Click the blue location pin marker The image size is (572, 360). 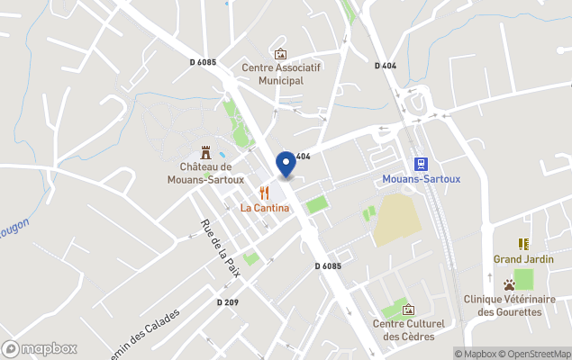point(286,164)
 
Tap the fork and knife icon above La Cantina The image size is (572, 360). point(264,192)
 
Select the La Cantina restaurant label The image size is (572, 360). point(265,208)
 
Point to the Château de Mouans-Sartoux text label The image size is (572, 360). point(206,172)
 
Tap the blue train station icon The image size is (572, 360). point(420,163)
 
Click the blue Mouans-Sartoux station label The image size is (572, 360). point(421,179)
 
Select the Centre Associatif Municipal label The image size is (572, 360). point(281,74)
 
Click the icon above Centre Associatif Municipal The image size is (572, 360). point(280,54)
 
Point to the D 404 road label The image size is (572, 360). point(385,66)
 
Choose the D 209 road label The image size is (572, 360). point(227,302)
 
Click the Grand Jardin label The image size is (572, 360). point(523,259)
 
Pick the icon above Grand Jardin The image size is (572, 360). point(523,244)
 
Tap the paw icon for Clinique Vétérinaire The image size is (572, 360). point(510,284)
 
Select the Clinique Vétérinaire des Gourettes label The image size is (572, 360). point(510,305)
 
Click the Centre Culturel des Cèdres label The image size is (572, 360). point(409,329)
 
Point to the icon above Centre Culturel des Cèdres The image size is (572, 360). point(409,310)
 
